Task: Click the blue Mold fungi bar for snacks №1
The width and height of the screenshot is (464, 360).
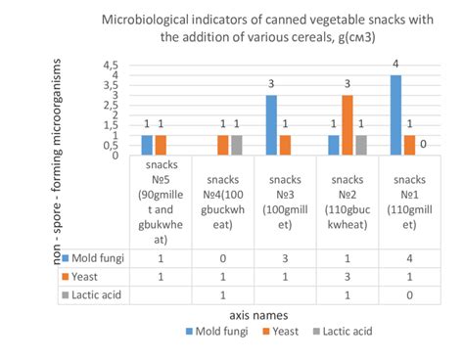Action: (395, 115)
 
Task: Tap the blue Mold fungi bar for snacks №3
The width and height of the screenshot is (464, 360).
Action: (271, 125)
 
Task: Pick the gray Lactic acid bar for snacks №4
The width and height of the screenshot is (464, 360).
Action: (236, 145)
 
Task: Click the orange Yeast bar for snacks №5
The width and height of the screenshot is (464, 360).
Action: (161, 145)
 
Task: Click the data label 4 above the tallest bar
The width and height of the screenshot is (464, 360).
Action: (395, 66)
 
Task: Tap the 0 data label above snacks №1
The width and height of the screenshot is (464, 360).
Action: (423, 144)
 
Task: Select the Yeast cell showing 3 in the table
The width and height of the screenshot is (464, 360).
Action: (347, 277)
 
